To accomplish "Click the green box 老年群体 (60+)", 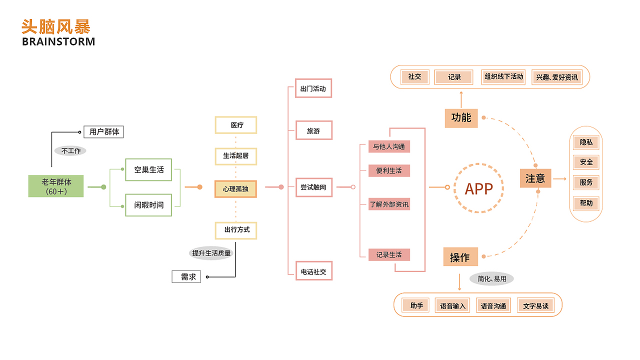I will pyautogui.click(x=56, y=186).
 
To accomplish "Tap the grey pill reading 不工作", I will pyautogui.click(x=70, y=150).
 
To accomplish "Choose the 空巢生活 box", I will pyautogui.click(x=148, y=170).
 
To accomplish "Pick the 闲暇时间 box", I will pyautogui.click(x=148, y=205).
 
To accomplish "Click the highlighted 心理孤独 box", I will pyautogui.click(x=235, y=189).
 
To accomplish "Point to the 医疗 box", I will pyautogui.click(x=236, y=125).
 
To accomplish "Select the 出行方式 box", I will pyautogui.click(x=236, y=230).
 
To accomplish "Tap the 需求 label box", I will pyautogui.click(x=186, y=276).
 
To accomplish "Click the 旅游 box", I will pyautogui.click(x=313, y=131).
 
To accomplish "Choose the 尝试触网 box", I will pyautogui.click(x=313, y=187).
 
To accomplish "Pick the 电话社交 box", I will pyautogui.click(x=313, y=271).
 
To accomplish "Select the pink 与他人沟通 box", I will pyautogui.click(x=389, y=146).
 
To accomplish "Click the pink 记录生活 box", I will pyautogui.click(x=389, y=254).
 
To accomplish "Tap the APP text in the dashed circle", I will pyautogui.click(x=479, y=188).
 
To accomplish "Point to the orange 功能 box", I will pyautogui.click(x=461, y=118).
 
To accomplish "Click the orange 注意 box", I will pyautogui.click(x=535, y=178).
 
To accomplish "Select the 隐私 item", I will pyautogui.click(x=586, y=142).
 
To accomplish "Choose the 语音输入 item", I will pyautogui.click(x=452, y=305).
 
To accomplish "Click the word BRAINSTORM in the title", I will pyautogui.click(x=58, y=41).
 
